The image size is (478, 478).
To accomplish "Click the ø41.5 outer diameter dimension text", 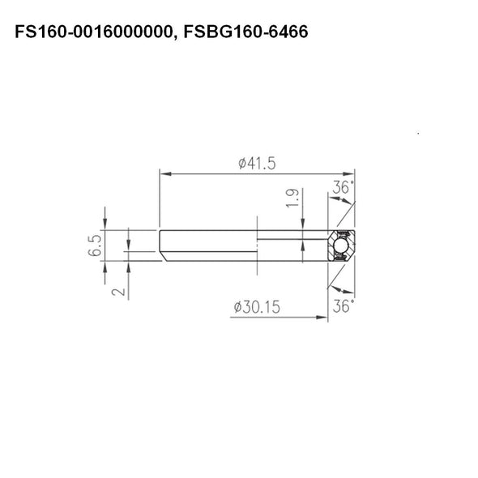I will [257, 163].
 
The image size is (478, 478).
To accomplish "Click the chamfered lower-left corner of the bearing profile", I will [164, 257].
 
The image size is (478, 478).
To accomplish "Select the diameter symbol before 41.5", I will [242, 163].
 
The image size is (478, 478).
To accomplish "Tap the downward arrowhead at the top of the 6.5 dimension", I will [106, 226].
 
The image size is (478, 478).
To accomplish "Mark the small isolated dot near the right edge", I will [416, 133].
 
